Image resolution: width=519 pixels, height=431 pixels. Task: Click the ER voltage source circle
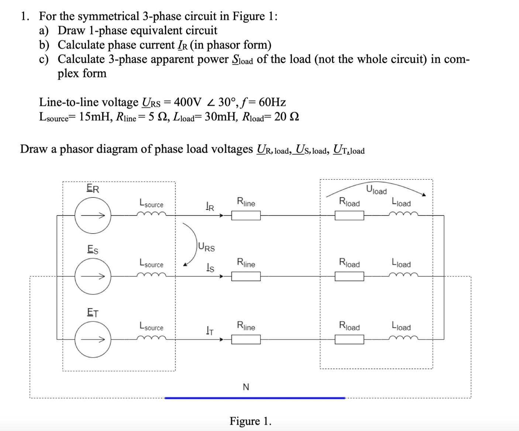[x=93, y=215]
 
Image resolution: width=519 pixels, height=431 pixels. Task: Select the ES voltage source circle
[x=93, y=276]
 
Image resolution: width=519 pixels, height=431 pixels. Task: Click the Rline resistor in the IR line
[x=246, y=215]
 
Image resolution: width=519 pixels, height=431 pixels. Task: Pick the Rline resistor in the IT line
[x=246, y=339]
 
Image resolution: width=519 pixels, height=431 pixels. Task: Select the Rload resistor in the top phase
[x=349, y=215]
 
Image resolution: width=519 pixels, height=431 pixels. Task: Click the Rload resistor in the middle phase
[x=349, y=276]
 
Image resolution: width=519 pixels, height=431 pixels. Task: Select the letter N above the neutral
[x=246, y=387]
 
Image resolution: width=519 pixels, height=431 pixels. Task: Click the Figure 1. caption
[x=250, y=421]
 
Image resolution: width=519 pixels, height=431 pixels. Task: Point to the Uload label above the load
[x=377, y=190]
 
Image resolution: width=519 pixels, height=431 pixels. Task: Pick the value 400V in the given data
[x=188, y=102]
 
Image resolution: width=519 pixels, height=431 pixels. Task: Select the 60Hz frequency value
[x=272, y=102]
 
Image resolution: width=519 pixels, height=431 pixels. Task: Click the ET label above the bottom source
[x=93, y=313]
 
